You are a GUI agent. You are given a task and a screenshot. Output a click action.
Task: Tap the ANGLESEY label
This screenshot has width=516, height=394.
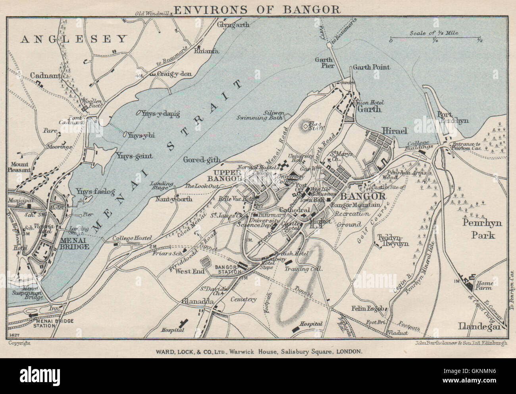pos(74,39)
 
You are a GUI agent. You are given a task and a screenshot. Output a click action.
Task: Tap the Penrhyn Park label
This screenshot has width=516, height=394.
pos(482,229)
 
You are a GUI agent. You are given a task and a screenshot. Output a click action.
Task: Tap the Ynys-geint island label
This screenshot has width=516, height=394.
pos(134,156)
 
